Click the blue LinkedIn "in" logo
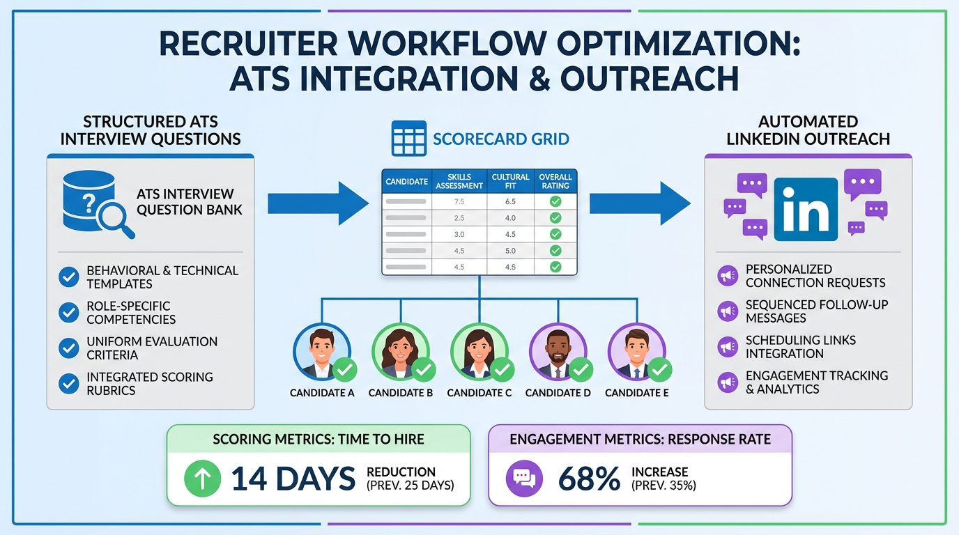(806, 209)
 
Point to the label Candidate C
(479, 393)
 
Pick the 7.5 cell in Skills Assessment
(459, 201)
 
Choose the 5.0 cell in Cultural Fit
(510, 251)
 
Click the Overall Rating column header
(555, 182)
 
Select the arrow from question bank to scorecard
(318, 203)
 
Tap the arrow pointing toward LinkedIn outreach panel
(639, 203)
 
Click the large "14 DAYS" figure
(293, 479)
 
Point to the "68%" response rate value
(589, 479)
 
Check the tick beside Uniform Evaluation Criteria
(68, 348)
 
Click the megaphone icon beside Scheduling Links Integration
(727, 346)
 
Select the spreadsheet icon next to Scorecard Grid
(409, 138)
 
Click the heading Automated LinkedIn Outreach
(808, 130)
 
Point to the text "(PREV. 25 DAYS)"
(410, 485)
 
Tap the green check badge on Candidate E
(659, 369)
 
